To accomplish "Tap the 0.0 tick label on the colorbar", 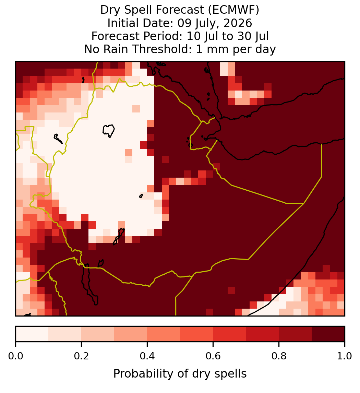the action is (15, 356).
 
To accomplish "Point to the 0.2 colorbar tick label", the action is (81, 356).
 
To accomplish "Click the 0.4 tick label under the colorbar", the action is (147, 356).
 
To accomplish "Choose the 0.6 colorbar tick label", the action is (213, 356).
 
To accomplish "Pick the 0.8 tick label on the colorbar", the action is (279, 356).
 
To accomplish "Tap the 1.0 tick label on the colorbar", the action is (345, 356).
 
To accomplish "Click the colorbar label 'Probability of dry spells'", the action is (180, 374).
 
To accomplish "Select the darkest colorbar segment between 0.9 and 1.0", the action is (328, 334).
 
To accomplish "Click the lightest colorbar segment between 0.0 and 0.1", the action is (32, 334).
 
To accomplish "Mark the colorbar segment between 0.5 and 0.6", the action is (196, 334).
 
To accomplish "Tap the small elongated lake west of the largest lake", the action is (58, 139).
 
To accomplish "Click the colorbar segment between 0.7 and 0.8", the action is (262, 334).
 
